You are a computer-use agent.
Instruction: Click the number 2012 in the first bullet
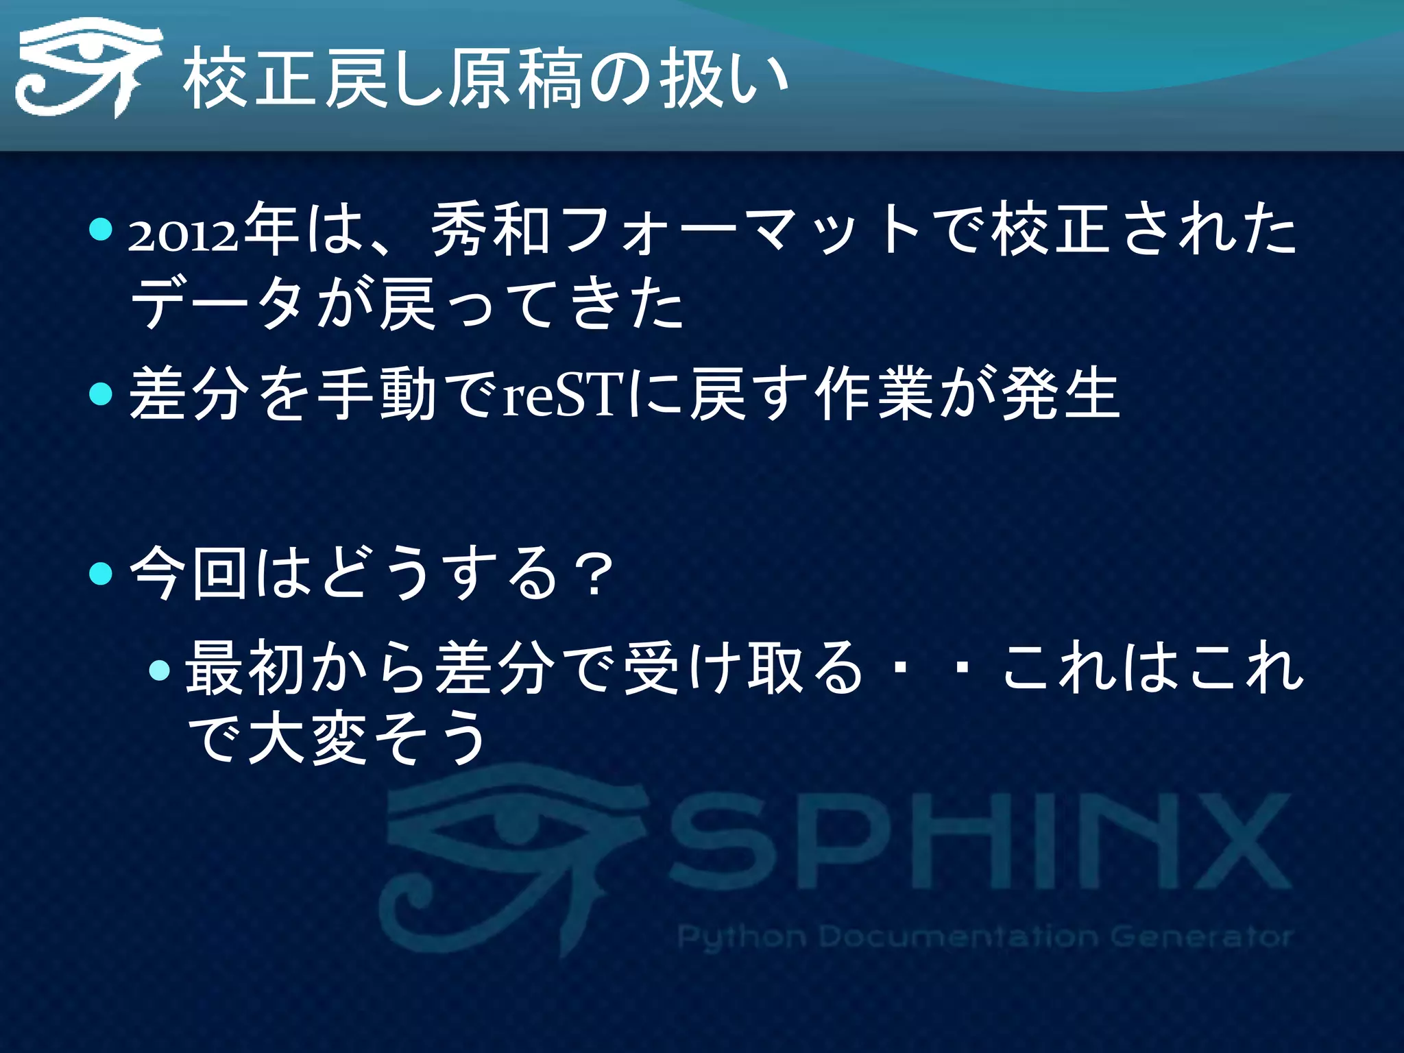tap(184, 237)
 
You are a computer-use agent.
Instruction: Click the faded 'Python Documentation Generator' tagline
tap(984, 936)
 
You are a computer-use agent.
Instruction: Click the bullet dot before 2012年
tap(100, 230)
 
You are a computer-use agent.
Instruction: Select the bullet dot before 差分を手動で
tap(100, 394)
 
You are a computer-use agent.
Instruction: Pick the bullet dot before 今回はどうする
tap(100, 573)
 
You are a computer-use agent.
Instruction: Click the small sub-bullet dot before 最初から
tap(159, 669)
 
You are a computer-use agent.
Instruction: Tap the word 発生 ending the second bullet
tap(1060, 394)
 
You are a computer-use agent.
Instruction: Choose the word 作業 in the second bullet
tap(873, 394)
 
